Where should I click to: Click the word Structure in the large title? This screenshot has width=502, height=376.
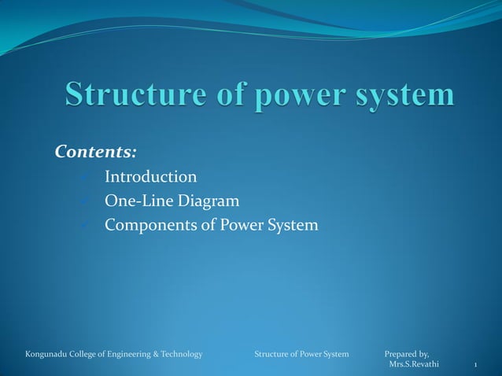point(127,95)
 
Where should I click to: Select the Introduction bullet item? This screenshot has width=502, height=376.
point(151,176)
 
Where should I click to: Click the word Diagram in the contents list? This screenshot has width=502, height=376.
point(206,201)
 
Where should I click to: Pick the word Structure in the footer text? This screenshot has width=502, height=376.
point(272,355)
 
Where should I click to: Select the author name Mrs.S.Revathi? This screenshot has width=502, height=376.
point(414,365)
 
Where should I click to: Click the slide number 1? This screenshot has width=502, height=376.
point(474,366)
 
